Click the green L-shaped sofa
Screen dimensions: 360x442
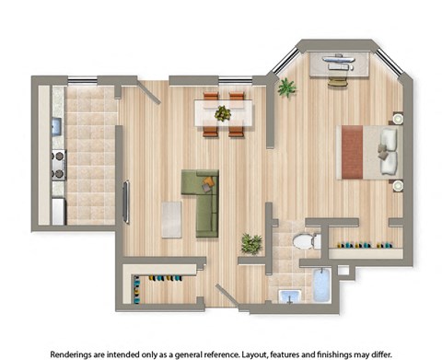(x=201, y=198)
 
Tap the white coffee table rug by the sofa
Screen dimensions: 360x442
(x=171, y=218)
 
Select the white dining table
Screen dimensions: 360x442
(x=223, y=113)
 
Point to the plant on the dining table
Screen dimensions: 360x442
(x=223, y=113)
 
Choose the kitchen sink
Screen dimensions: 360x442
(x=56, y=126)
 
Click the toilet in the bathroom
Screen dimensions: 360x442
(x=304, y=241)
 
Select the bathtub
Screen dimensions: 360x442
(x=321, y=285)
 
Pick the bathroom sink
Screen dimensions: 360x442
(x=288, y=296)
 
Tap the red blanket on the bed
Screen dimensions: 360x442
(x=355, y=152)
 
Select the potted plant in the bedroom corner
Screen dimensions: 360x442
(x=287, y=87)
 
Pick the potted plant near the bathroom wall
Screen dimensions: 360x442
(x=250, y=243)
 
